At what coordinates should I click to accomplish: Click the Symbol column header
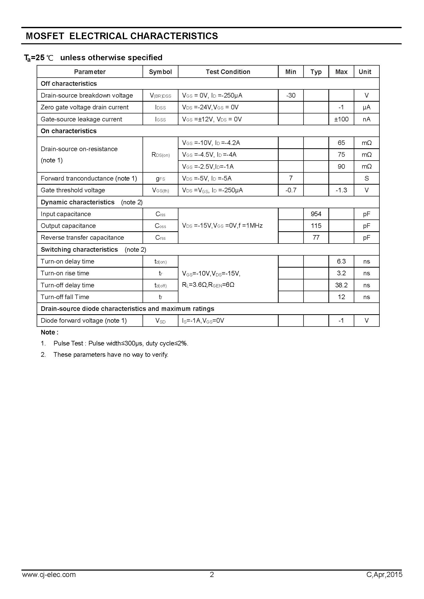(x=160, y=72)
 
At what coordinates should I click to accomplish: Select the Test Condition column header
(x=228, y=72)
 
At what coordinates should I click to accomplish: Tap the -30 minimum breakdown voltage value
(x=291, y=96)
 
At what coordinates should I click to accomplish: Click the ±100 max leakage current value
(x=341, y=119)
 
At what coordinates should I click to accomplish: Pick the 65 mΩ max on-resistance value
(x=341, y=143)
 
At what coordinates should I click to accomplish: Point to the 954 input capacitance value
(x=316, y=214)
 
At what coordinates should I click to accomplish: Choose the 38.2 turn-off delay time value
(x=341, y=285)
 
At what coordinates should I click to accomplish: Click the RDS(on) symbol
(x=160, y=155)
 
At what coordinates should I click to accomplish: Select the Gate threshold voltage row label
(x=73, y=190)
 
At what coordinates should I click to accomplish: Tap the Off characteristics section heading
(x=69, y=83)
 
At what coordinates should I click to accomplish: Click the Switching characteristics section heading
(x=79, y=249)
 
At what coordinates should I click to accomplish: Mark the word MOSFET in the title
(x=45, y=36)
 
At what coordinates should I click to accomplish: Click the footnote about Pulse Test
(x=121, y=343)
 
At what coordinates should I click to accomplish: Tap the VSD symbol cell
(x=160, y=321)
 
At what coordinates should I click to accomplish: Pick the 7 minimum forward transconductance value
(x=291, y=178)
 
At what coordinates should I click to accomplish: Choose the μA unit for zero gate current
(x=366, y=107)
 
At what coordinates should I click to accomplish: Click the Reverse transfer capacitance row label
(x=82, y=238)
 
